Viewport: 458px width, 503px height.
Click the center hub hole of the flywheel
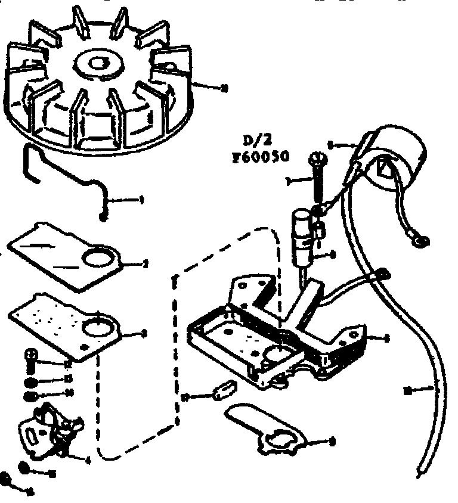96,61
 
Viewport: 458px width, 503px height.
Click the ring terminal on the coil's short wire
423,241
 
